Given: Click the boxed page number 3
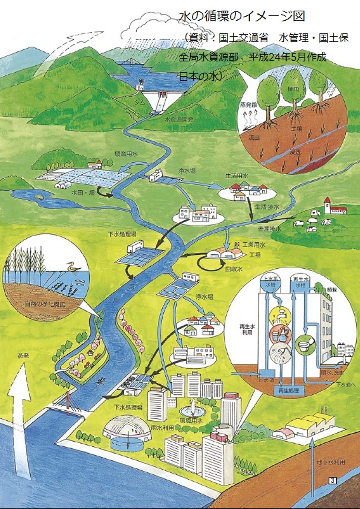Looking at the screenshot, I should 332,480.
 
